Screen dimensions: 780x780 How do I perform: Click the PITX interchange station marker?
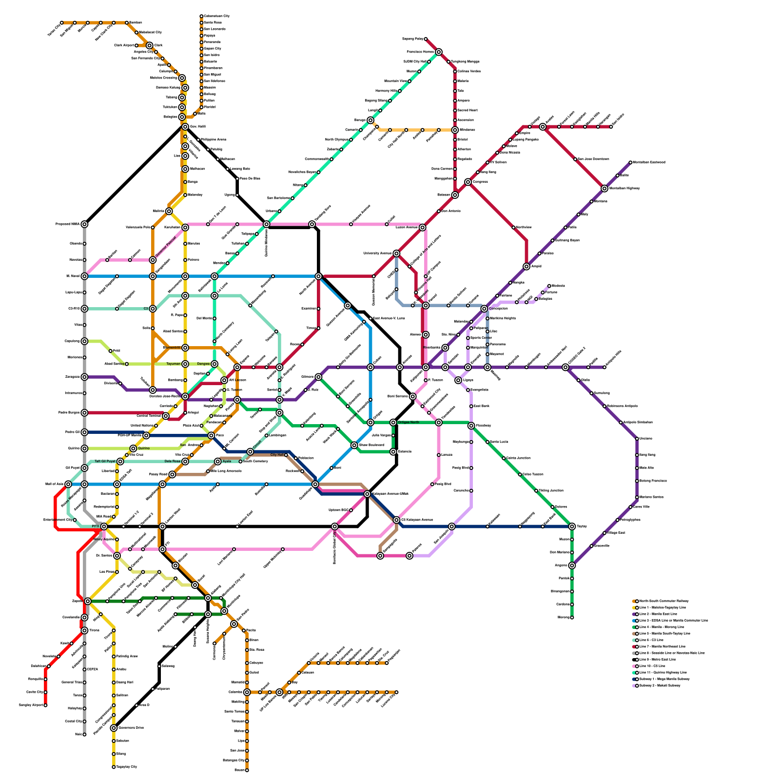coord(104,526)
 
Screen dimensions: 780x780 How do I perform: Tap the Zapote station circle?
coord(88,601)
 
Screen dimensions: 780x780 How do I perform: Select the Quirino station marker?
coord(133,448)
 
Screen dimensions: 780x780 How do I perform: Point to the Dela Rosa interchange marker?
coord(185,461)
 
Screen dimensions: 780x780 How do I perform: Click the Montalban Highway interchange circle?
coord(604,188)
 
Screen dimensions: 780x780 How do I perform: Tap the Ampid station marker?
coord(526,267)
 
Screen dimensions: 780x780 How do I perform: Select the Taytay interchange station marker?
coord(572,526)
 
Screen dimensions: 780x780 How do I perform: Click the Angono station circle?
coord(572,565)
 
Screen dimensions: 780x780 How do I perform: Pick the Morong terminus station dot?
coord(572,618)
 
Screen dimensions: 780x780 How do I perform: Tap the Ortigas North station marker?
coord(393,422)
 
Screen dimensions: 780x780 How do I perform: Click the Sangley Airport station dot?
coord(45,705)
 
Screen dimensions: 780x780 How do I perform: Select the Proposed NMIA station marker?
coord(84,224)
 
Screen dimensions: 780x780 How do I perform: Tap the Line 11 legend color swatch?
coord(634,672)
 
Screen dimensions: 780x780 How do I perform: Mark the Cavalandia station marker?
coord(84,618)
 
